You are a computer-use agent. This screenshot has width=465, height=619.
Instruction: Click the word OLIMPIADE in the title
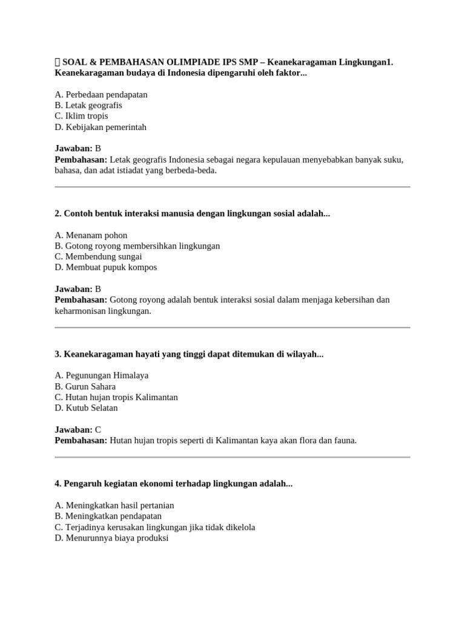190,62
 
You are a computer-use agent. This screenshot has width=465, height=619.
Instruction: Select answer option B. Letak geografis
88,105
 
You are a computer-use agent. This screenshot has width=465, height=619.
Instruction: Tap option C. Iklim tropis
81,116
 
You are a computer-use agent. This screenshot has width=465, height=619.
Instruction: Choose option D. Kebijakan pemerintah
101,127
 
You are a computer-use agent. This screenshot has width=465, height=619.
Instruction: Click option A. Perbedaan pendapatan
101,94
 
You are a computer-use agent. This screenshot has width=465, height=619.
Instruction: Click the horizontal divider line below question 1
232,187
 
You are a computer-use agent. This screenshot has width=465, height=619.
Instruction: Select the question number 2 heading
193,213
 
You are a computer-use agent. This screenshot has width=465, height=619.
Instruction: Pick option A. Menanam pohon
91,235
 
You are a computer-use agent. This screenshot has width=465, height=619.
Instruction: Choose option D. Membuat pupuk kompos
106,267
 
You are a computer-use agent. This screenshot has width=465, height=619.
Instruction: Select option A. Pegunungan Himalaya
101,375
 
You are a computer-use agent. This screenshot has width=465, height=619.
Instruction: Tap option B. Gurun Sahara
85,386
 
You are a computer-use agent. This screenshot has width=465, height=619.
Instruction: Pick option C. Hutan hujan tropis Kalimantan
116,397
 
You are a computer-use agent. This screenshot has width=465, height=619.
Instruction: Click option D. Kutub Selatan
87,408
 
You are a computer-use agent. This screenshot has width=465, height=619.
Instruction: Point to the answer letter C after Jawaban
98,430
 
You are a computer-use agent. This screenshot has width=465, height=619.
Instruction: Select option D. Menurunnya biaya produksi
111,538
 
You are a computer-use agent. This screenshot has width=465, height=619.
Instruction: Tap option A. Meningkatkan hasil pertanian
114,505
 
